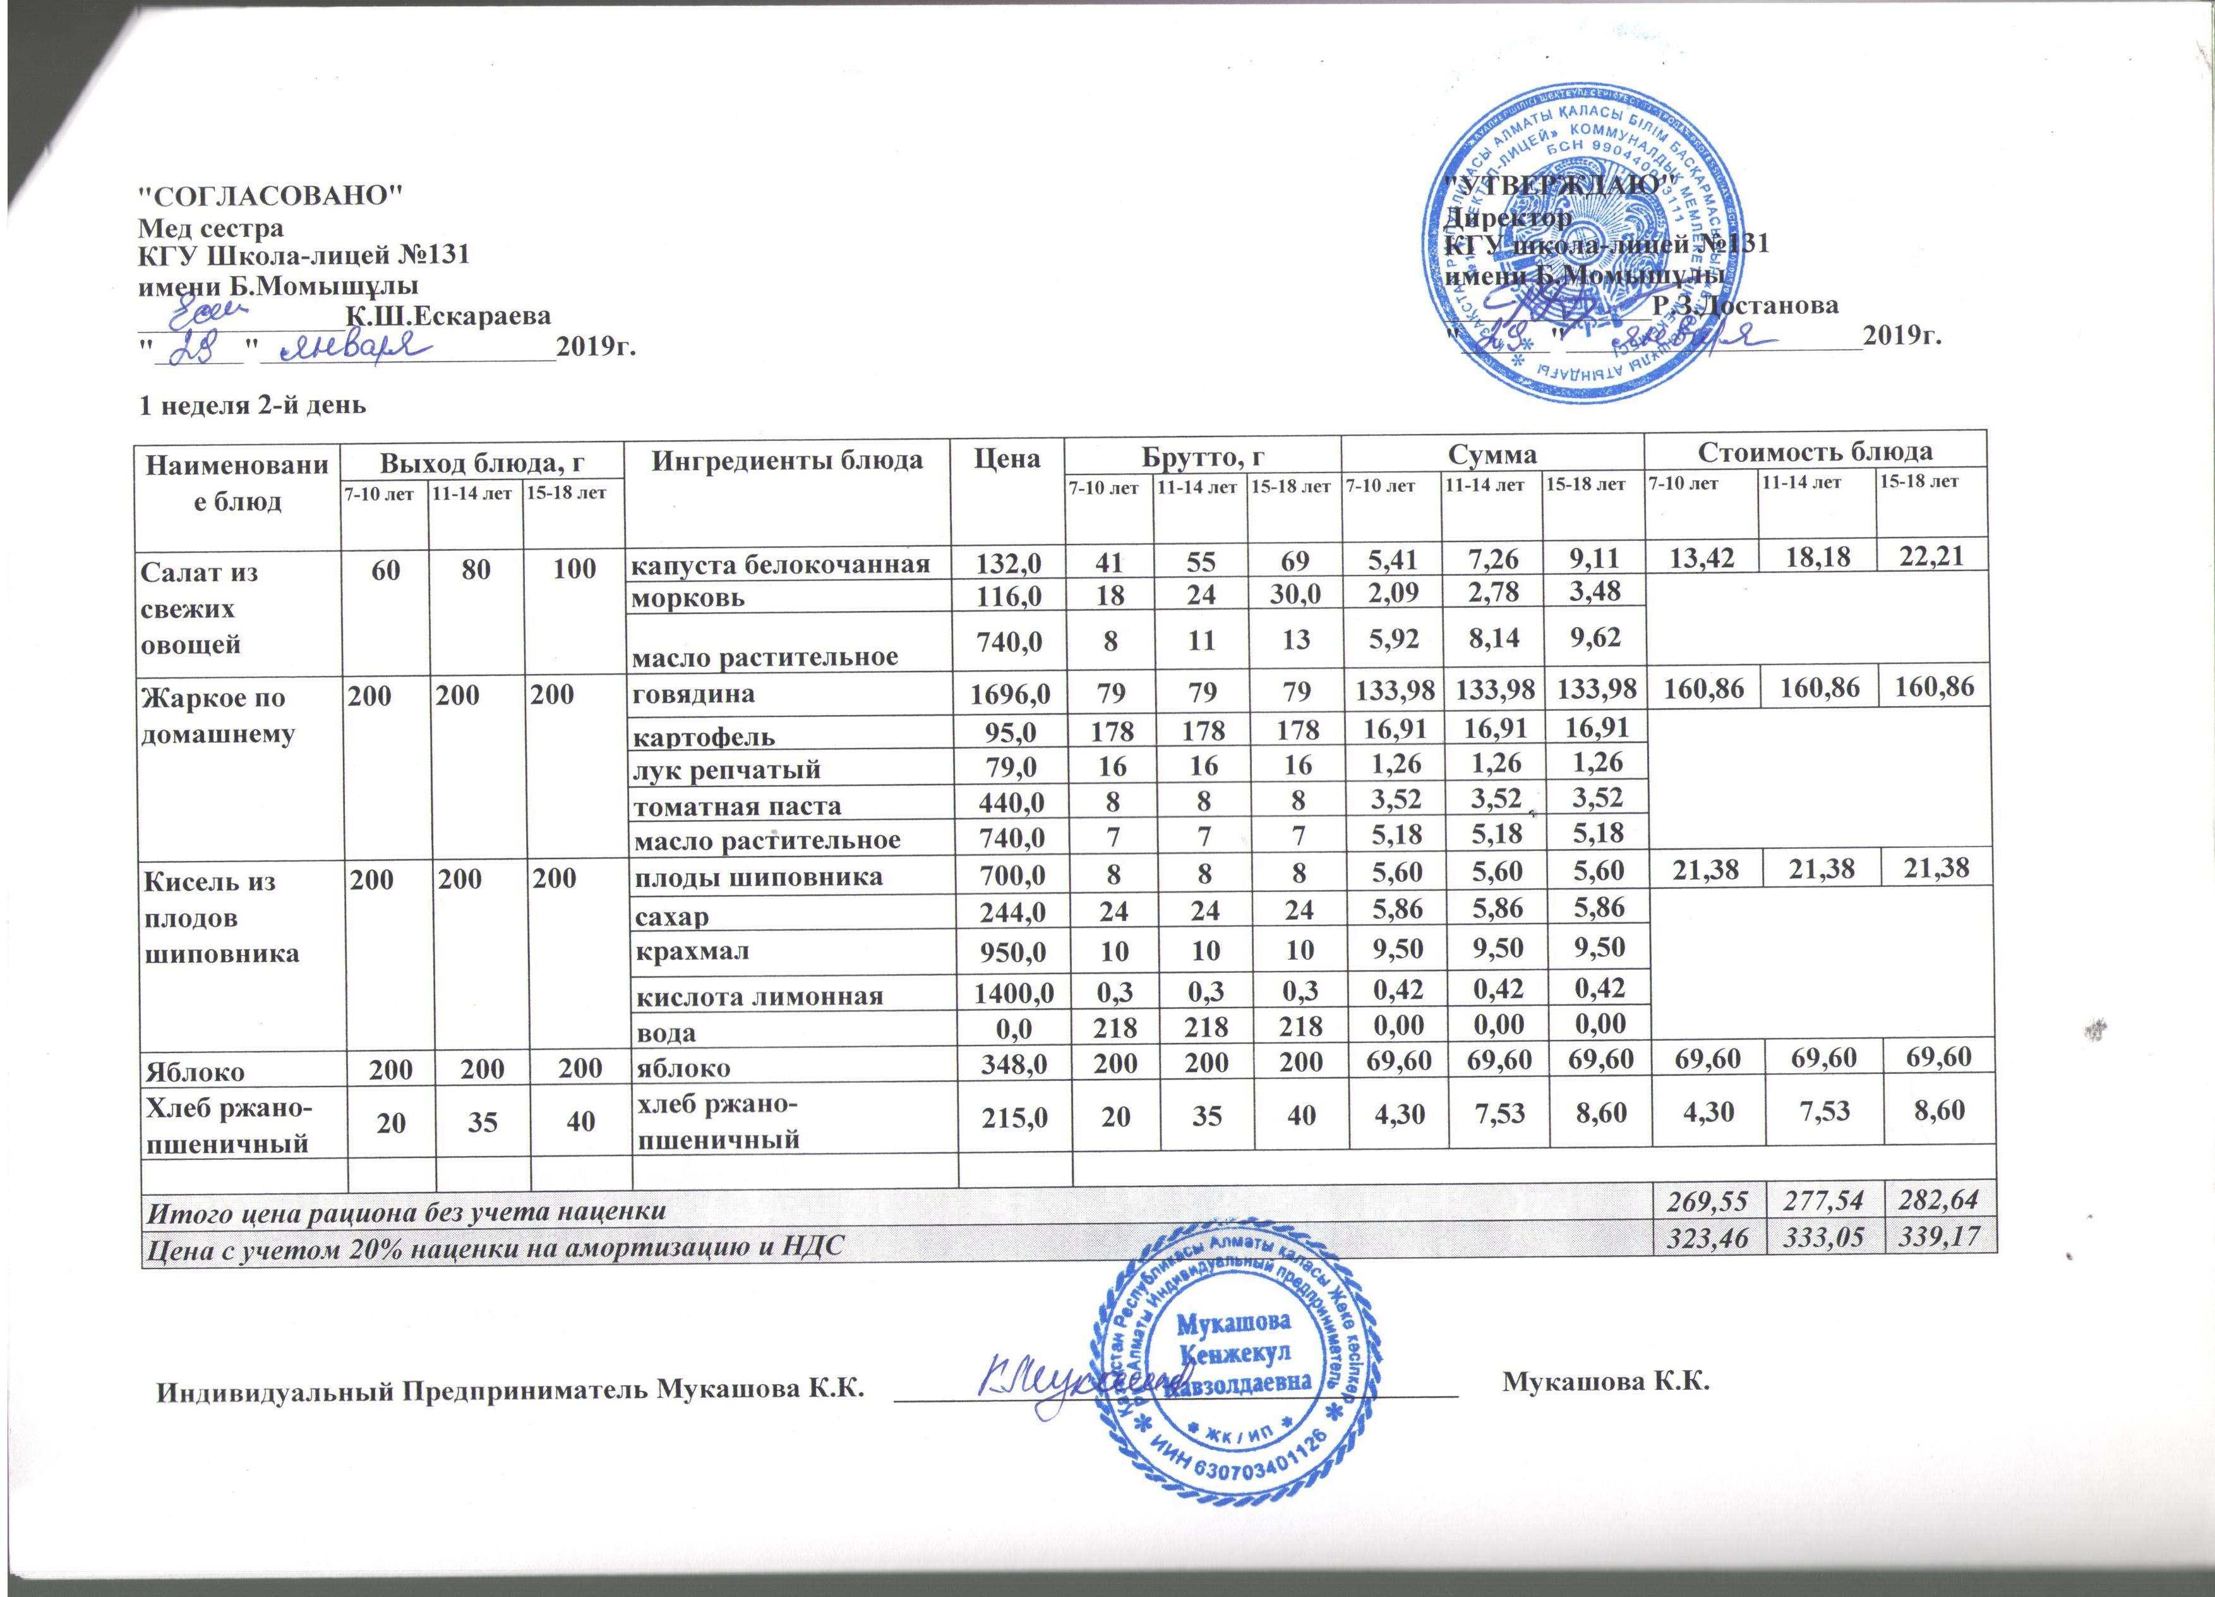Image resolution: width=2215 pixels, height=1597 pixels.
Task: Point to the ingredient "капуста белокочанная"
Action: pyautogui.click(x=777, y=563)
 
